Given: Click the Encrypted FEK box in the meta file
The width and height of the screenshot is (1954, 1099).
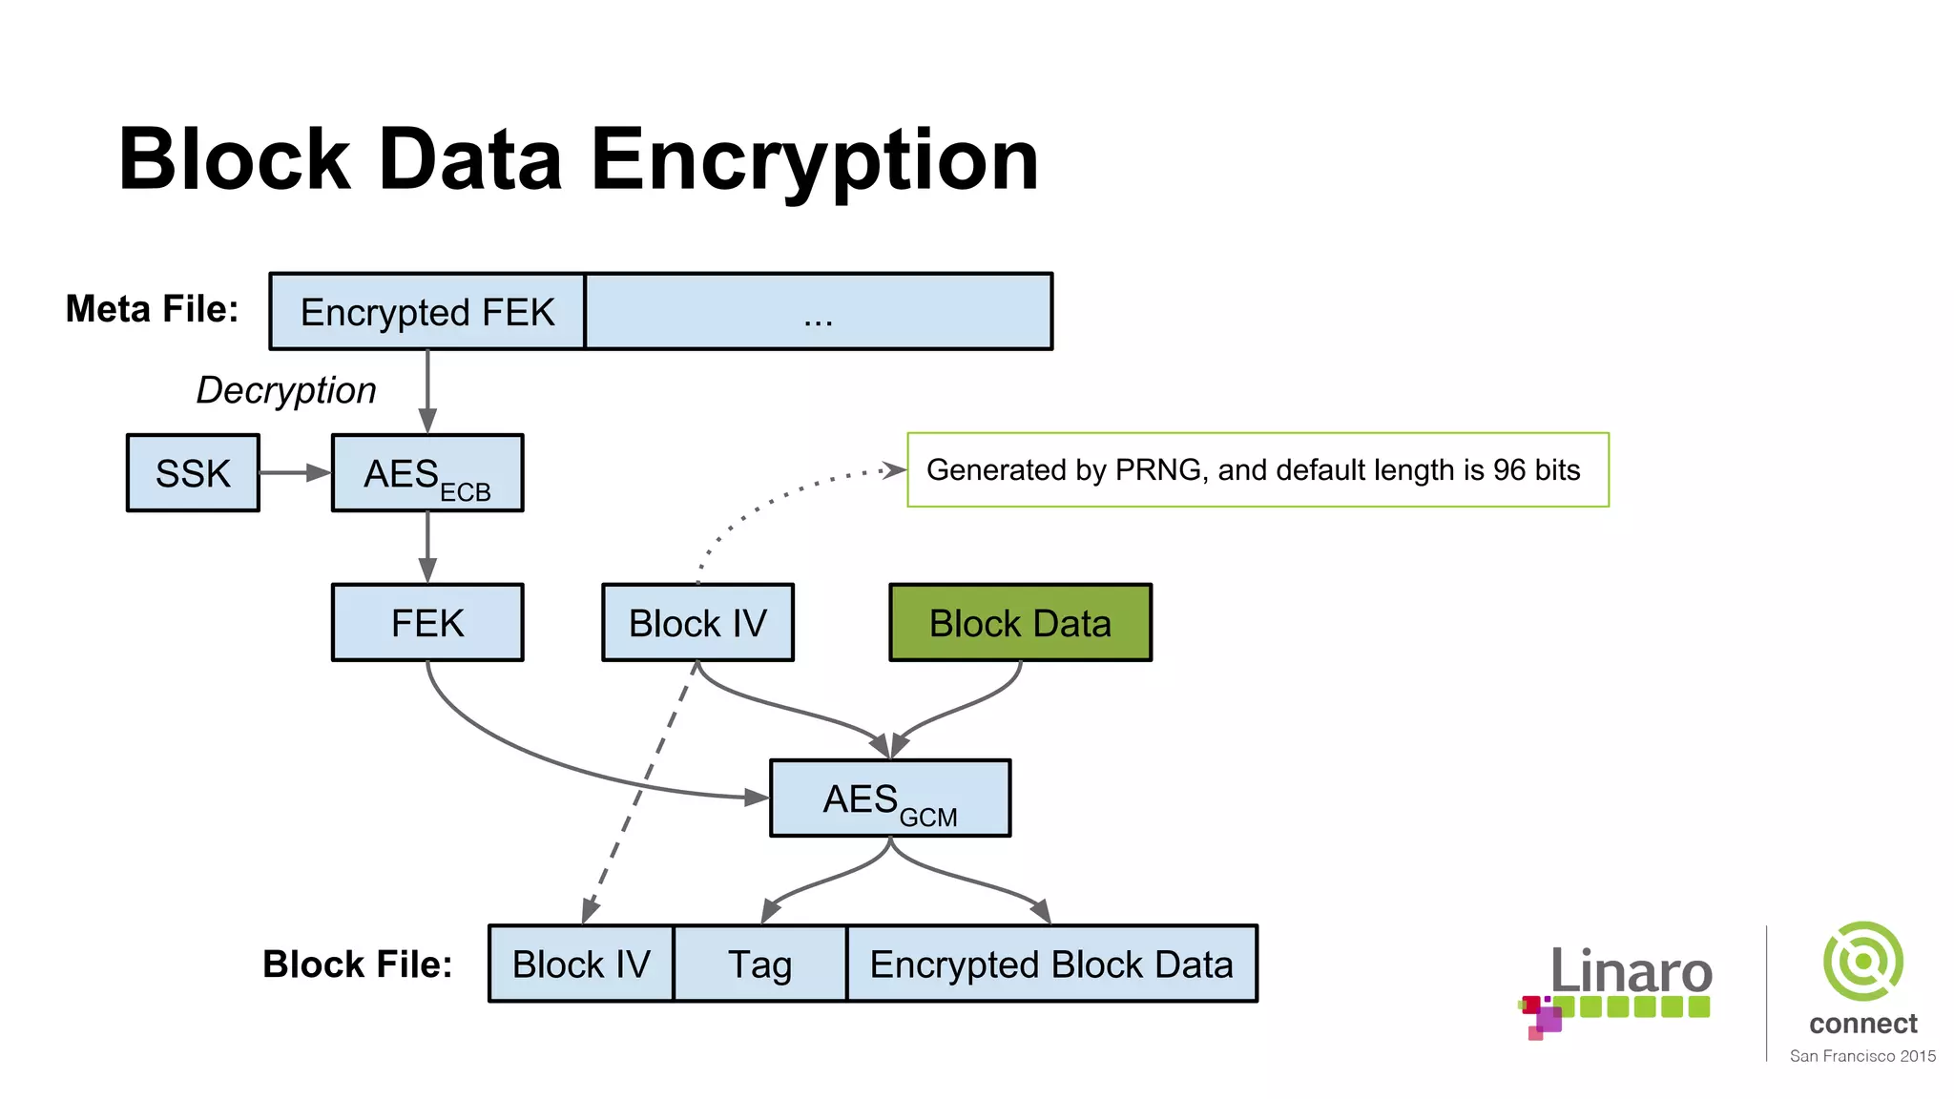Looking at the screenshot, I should (x=426, y=312).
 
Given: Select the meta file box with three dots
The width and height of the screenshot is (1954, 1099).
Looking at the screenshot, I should (x=818, y=312).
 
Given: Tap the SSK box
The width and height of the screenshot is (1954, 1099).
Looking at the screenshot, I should (x=193, y=473).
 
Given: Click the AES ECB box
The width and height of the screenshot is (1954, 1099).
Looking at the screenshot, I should (x=426, y=473).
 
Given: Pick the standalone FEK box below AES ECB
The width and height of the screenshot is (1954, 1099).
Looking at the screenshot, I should (x=426, y=623).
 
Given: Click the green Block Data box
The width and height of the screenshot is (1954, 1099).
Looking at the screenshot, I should (x=1020, y=623).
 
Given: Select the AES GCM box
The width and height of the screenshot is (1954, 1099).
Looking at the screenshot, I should (x=889, y=798).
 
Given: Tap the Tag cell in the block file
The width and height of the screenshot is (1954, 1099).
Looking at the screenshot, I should (x=759, y=964).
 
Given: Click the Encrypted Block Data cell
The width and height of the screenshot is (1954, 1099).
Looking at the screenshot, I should (x=1051, y=964).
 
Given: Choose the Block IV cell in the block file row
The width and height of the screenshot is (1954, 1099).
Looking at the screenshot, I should (x=580, y=964).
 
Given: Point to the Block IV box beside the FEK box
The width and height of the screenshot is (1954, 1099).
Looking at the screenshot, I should (x=697, y=623).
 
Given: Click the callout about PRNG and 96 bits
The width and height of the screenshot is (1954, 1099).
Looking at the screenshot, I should (x=1257, y=470).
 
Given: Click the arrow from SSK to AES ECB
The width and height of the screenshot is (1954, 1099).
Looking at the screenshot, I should (x=294, y=473).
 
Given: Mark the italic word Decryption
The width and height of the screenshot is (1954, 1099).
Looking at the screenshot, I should (x=286, y=390).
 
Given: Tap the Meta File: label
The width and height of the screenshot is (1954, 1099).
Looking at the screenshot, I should (x=152, y=309).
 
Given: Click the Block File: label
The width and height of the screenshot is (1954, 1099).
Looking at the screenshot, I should (x=358, y=964).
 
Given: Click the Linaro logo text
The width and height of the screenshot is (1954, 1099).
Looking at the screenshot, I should (x=1631, y=971).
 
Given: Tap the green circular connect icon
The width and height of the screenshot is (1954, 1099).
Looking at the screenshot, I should (x=1862, y=961).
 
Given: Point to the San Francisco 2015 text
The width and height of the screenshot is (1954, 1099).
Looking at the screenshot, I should (x=1861, y=1056).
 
